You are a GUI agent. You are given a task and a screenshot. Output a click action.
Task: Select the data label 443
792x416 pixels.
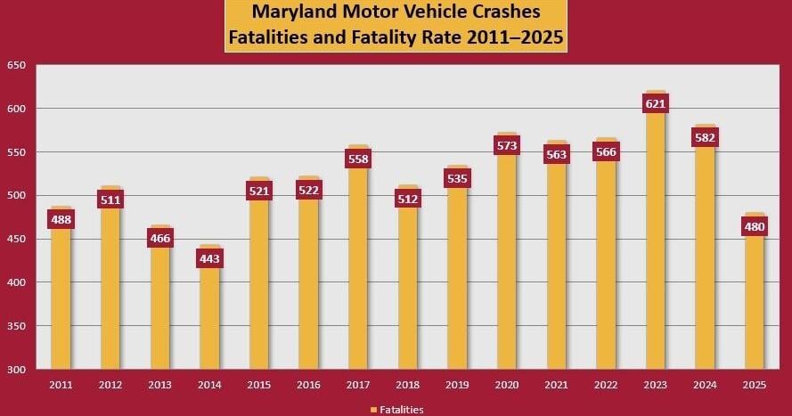click(209, 259)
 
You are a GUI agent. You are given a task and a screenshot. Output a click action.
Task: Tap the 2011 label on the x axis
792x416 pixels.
click(61, 385)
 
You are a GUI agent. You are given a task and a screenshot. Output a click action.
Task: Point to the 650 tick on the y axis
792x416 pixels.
click(16, 66)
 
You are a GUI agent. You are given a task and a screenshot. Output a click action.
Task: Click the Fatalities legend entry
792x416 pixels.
click(396, 410)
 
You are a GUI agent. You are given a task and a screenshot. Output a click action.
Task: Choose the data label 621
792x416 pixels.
click(656, 103)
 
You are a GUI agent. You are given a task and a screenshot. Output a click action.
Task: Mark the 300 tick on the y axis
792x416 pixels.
click(16, 370)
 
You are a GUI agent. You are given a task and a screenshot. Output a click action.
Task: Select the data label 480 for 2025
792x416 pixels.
click(755, 226)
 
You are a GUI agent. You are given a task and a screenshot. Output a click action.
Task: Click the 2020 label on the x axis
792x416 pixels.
click(507, 385)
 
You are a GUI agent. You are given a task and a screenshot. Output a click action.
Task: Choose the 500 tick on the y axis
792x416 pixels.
click(16, 196)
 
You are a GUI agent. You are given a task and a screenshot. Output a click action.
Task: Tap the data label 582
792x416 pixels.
click(706, 137)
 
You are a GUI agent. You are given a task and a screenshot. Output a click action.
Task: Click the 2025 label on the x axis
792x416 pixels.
click(755, 385)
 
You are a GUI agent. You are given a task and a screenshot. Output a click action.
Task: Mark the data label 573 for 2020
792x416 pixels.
click(507, 145)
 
